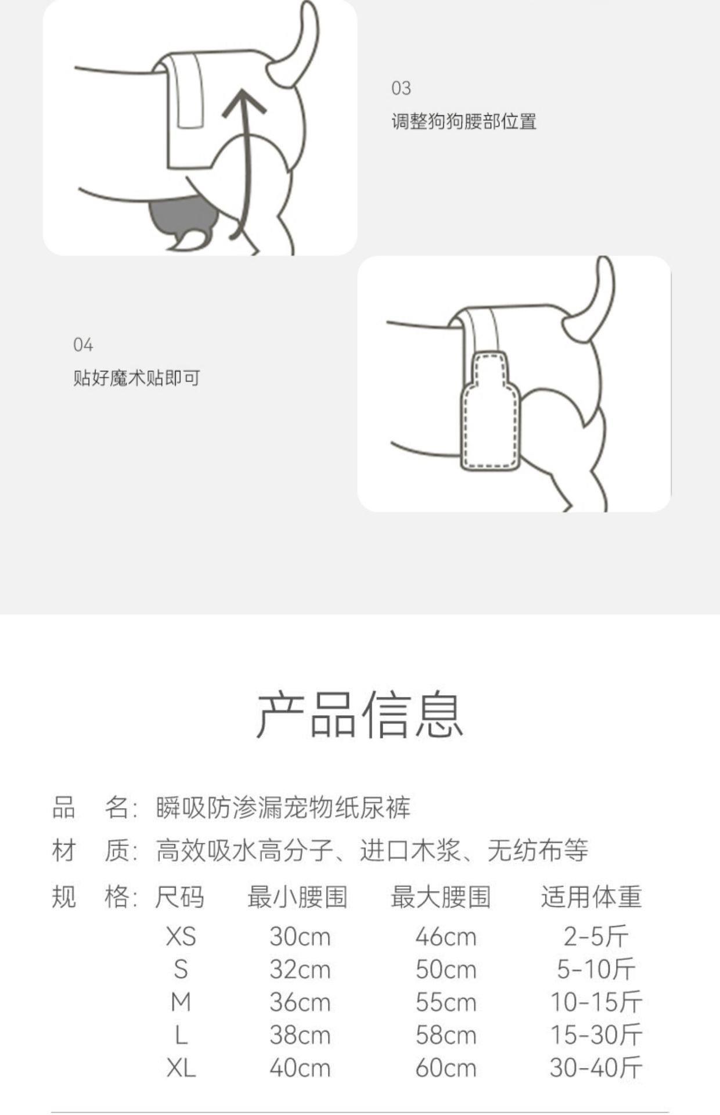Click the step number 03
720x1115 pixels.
tap(401, 88)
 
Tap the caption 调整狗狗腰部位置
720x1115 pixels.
tap(464, 121)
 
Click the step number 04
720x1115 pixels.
tap(83, 345)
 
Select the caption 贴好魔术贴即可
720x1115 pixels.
tap(137, 378)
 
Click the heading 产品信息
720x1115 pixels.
tap(360, 715)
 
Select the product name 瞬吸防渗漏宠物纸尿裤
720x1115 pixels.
tap(283, 808)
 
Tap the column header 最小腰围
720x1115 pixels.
tap(298, 897)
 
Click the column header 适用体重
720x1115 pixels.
tap(592, 897)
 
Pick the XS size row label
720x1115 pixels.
tap(181, 937)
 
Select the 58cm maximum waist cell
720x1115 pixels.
tap(446, 1035)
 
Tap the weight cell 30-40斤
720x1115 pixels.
tap(596, 1068)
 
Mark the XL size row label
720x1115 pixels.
tap(181, 1068)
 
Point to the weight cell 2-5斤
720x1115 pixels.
tap(596, 937)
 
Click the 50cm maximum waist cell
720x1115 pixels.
tap(446, 970)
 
